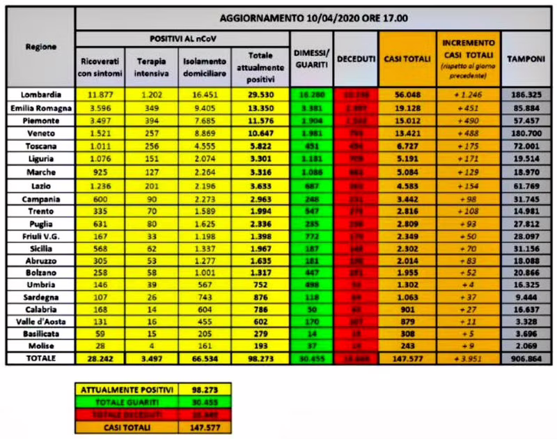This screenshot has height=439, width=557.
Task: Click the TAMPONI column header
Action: pos(526,59)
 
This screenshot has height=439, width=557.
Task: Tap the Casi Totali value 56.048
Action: pos(407,94)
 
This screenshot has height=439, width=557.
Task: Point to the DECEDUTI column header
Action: pos(356,59)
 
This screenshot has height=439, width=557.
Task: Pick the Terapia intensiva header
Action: pos(150,66)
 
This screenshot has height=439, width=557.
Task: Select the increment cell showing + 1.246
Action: pos(468,94)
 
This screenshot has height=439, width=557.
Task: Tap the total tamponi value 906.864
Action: pos(526,359)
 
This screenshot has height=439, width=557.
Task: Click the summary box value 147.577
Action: pos(204,426)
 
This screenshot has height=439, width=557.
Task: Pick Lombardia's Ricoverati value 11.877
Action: pos(97,94)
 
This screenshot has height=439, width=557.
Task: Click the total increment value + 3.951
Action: pos(468,359)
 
